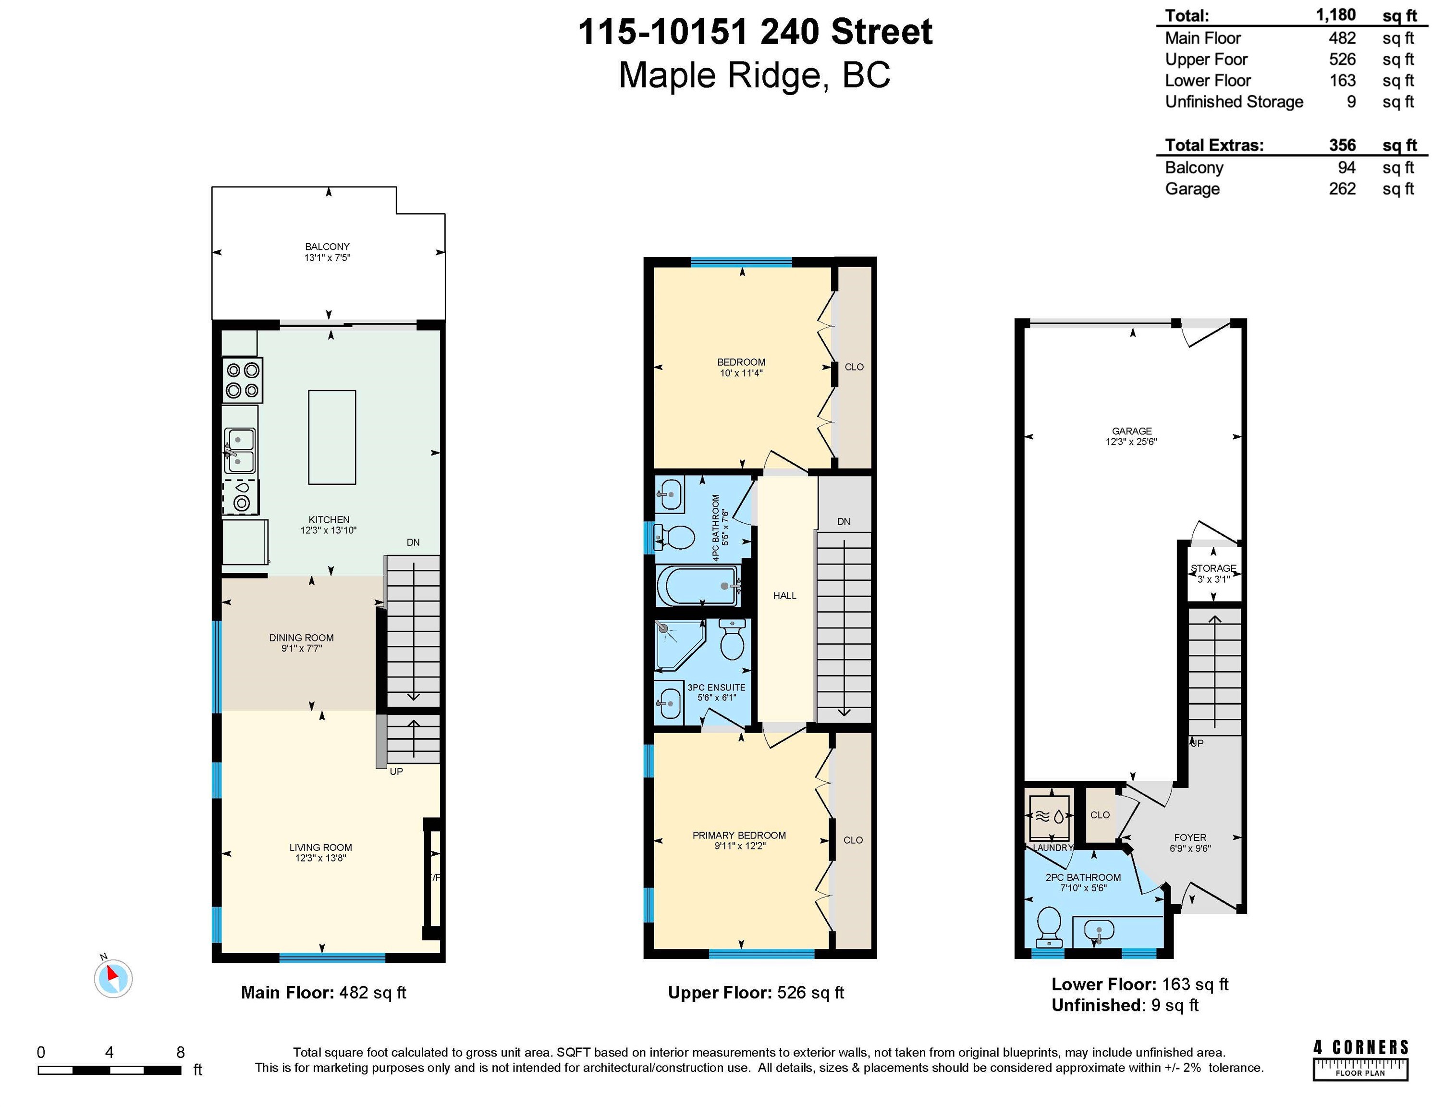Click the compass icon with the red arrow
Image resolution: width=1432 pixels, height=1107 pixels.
coord(113,978)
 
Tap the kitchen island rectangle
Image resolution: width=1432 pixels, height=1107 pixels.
coord(332,437)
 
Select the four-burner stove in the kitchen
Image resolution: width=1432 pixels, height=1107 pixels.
coord(242,381)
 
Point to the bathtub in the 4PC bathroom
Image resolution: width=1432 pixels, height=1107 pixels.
coord(699,586)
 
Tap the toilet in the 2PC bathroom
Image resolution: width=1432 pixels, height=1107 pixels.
coord(1050,926)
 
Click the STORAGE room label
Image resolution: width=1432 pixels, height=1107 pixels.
coord(1213,568)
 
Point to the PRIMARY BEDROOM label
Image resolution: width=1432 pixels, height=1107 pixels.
coord(739,835)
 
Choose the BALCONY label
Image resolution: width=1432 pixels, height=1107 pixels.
coord(327,246)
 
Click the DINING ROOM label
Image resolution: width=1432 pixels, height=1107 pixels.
coord(301,638)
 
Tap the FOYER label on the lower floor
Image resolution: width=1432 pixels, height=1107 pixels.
coord(1190,837)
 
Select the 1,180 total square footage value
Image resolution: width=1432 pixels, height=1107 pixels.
coord(1335,15)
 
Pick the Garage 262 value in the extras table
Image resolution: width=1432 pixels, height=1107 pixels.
coord(1342,189)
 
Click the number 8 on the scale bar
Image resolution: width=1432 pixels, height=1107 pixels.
coord(180,1052)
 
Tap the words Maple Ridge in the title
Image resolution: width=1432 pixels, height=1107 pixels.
coord(719,75)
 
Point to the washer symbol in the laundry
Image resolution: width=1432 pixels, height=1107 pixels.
coord(1049,817)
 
